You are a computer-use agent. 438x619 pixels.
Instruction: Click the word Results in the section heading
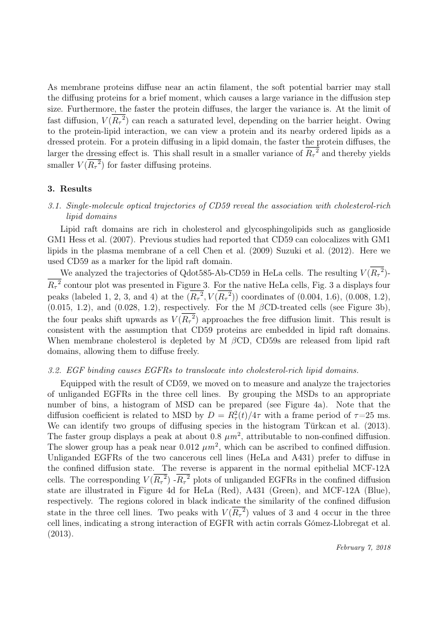(76, 188)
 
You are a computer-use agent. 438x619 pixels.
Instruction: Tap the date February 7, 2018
(363, 547)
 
